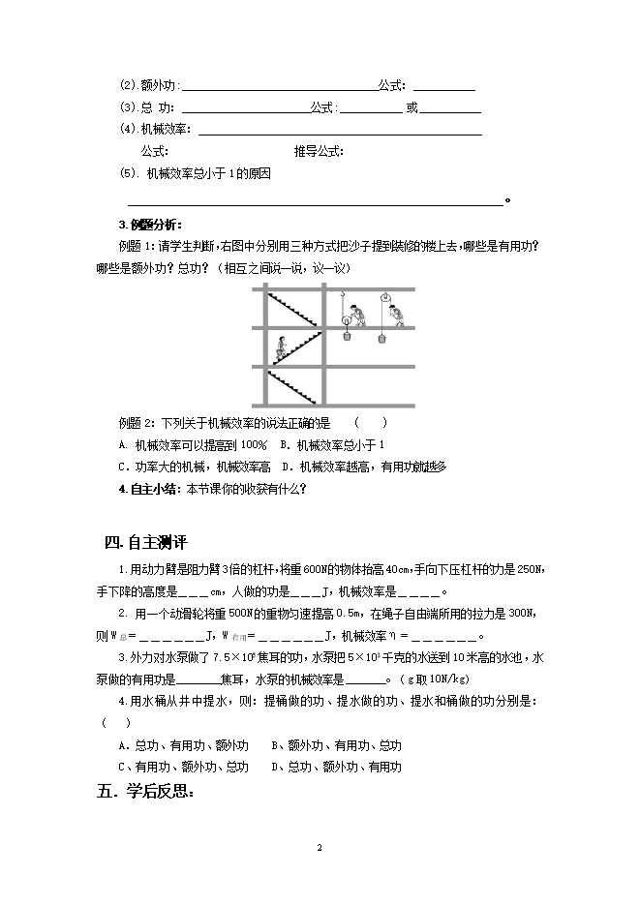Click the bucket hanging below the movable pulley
click(x=346, y=336)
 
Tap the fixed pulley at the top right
click(x=384, y=296)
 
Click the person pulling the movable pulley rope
click(x=359, y=315)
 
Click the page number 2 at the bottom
click(x=319, y=847)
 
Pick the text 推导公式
click(x=320, y=151)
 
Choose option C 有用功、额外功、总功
click(x=183, y=767)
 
